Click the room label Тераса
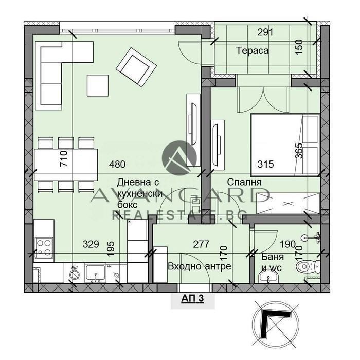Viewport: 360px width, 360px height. point(253,50)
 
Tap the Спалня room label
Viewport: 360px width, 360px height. point(244,182)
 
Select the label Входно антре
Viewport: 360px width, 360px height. point(200,266)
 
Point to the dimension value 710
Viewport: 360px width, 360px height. point(64,158)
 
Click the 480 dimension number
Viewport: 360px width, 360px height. point(117,165)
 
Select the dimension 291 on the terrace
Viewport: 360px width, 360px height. point(265,32)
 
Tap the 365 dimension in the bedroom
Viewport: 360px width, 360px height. point(299,151)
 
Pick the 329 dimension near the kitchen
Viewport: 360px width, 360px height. point(91,244)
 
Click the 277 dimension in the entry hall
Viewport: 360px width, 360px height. point(201,244)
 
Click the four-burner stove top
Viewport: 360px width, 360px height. point(44,247)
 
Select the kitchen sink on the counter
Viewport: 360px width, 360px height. point(95,273)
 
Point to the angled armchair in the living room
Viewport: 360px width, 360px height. point(136,67)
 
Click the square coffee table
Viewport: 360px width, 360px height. point(98,85)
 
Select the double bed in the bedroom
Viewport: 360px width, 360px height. point(285,145)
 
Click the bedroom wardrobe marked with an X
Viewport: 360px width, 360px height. point(288,204)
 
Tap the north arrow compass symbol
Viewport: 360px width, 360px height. point(276,325)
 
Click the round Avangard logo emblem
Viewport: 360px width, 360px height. point(179,158)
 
